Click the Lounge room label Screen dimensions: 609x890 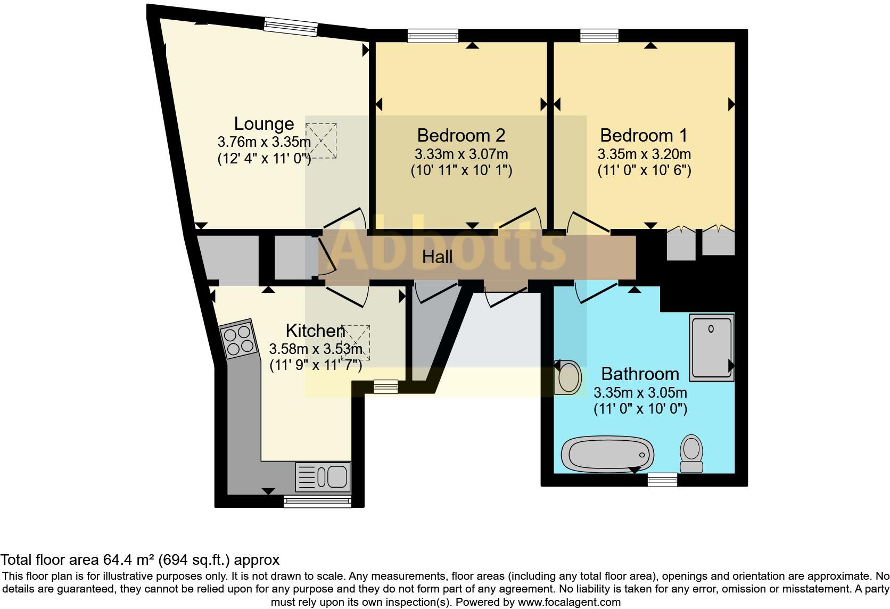coord(264,124)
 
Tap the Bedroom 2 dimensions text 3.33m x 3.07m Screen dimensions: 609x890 coord(461,155)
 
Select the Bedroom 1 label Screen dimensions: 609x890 coord(644,135)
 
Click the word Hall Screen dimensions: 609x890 coord(437,257)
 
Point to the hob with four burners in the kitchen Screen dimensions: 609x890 coord(238,340)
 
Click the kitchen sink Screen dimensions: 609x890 coord(323,476)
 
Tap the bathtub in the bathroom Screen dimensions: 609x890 coord(607,455)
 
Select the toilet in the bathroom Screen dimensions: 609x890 coord(691,454)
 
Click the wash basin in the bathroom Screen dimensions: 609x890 coord(568,377)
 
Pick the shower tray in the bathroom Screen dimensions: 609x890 coord(711,348)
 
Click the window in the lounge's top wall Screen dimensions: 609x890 coord(291,26)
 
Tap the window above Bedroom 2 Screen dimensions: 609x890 coord(433,36)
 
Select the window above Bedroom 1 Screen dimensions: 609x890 coord(599,36)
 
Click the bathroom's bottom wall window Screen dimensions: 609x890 coord(662,480)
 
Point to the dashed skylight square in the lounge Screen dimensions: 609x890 coord(321,141)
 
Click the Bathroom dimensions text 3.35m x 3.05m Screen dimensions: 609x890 coord(640,393)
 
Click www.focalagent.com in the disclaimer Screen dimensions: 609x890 coord(569,603)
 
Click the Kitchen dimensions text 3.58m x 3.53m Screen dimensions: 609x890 coord(316,350)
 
